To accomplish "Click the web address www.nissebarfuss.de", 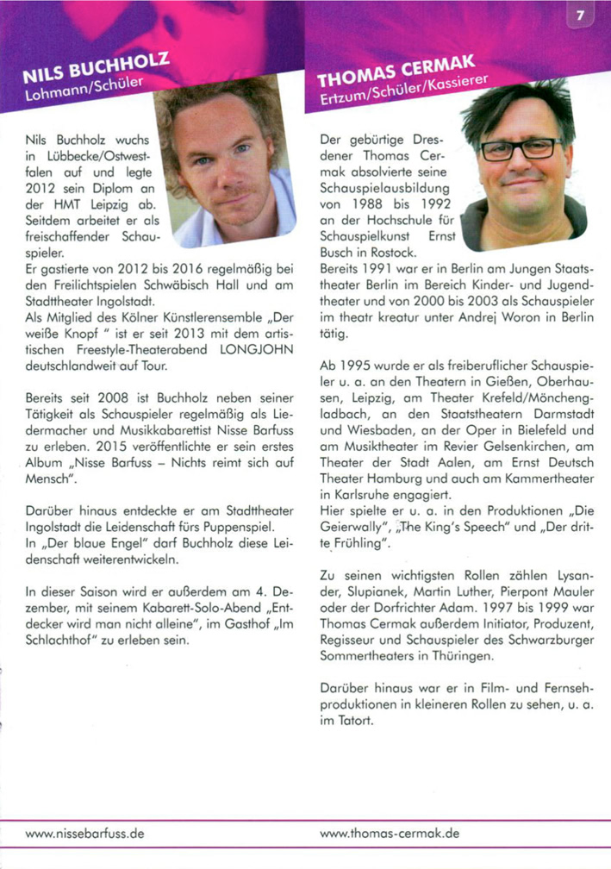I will click(x=84, y=835).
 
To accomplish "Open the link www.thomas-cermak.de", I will click(x=390, y=835).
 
